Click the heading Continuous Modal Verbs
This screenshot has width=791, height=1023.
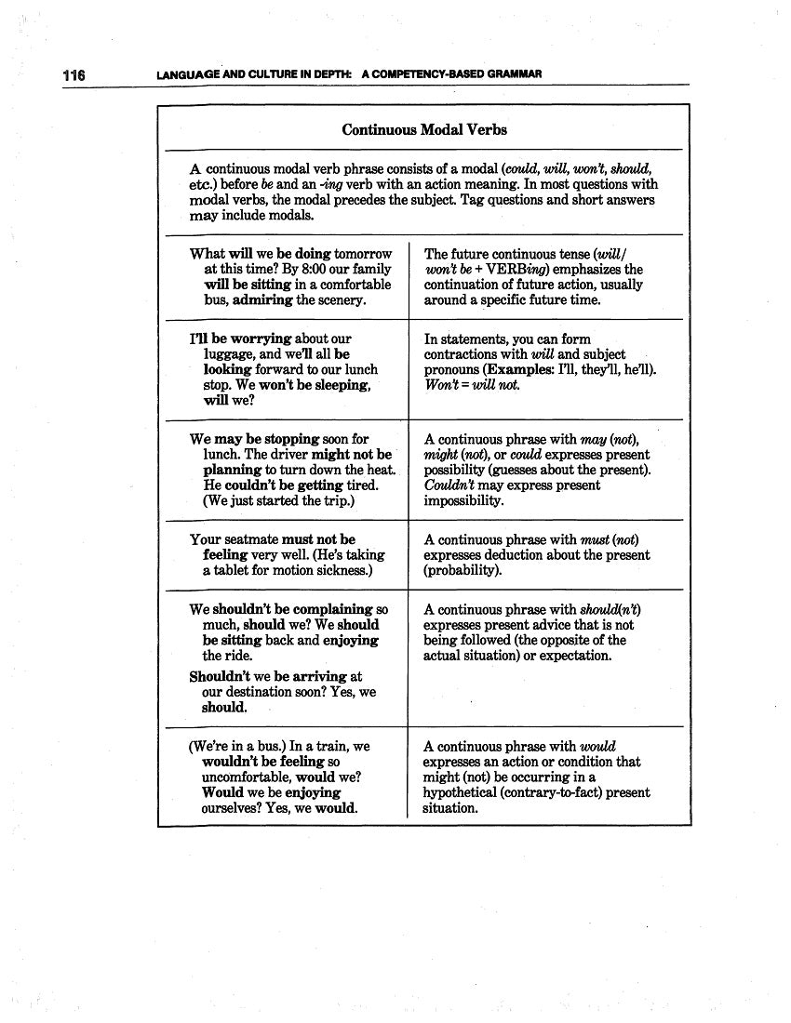[424, 129]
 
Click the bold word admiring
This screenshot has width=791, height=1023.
[262, 300]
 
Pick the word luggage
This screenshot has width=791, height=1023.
[229, 354]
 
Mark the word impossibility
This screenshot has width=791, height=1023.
[463, 500]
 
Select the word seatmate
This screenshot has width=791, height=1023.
[250, 539]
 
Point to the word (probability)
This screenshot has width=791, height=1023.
[463, 570]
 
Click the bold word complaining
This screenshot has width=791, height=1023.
[327, 610]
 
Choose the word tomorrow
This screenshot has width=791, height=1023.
[364, 254]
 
